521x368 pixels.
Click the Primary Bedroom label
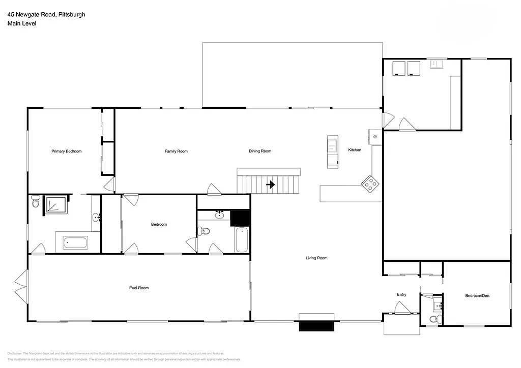(66, 151)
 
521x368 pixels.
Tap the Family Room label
(176, 151)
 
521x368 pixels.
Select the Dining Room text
(259, 151)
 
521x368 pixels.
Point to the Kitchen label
(355, 150)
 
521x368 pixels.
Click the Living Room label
(316, 258)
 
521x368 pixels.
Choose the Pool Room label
(138, 288)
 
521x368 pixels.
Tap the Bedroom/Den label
(477, 296)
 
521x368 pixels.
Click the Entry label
(401, 295)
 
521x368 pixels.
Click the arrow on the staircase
(271, 185)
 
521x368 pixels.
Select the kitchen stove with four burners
(370, 183)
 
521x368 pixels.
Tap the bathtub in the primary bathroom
(75, 242)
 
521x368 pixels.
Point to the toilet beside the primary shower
(35, 202)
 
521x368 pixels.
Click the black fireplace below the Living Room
(316, 324)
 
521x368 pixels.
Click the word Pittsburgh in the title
(71, 14)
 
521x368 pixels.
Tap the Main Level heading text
(18, 23)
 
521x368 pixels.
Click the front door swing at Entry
(402, 308)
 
